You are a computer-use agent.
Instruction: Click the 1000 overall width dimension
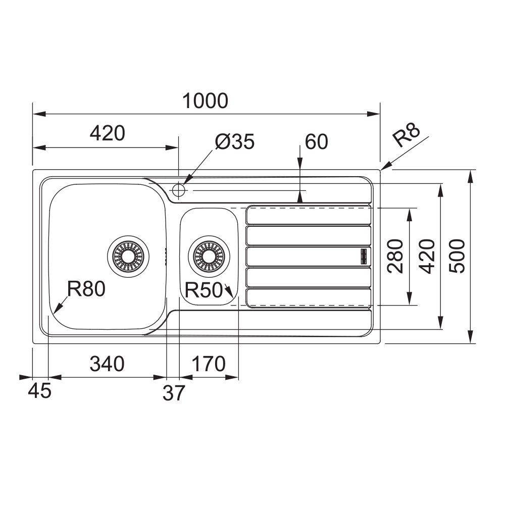point(206,101)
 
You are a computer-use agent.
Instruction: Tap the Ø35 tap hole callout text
point(235,141)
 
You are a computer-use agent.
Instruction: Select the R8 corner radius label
point(407,135)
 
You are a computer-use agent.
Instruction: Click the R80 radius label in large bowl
point(86,288)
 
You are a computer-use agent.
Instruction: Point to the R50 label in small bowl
point(204,290)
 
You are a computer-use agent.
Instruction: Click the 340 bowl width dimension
point(107,364)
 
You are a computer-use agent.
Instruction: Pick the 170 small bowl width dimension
point(209,364)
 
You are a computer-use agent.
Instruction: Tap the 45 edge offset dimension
point(39,391)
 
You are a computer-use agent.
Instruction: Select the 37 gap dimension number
point(174,393)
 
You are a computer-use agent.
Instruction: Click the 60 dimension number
point(316,142)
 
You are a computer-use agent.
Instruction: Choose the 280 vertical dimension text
point(395,257)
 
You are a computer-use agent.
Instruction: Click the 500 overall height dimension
point(457,257)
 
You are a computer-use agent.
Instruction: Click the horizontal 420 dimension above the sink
point(107,133)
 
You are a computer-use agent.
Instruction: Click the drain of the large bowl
point(128,257)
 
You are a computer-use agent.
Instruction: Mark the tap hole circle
point(179,190)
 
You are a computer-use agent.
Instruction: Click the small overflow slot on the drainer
point(364,257)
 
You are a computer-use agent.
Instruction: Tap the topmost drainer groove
point(309,215)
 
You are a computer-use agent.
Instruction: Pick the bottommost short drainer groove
point(309,298)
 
